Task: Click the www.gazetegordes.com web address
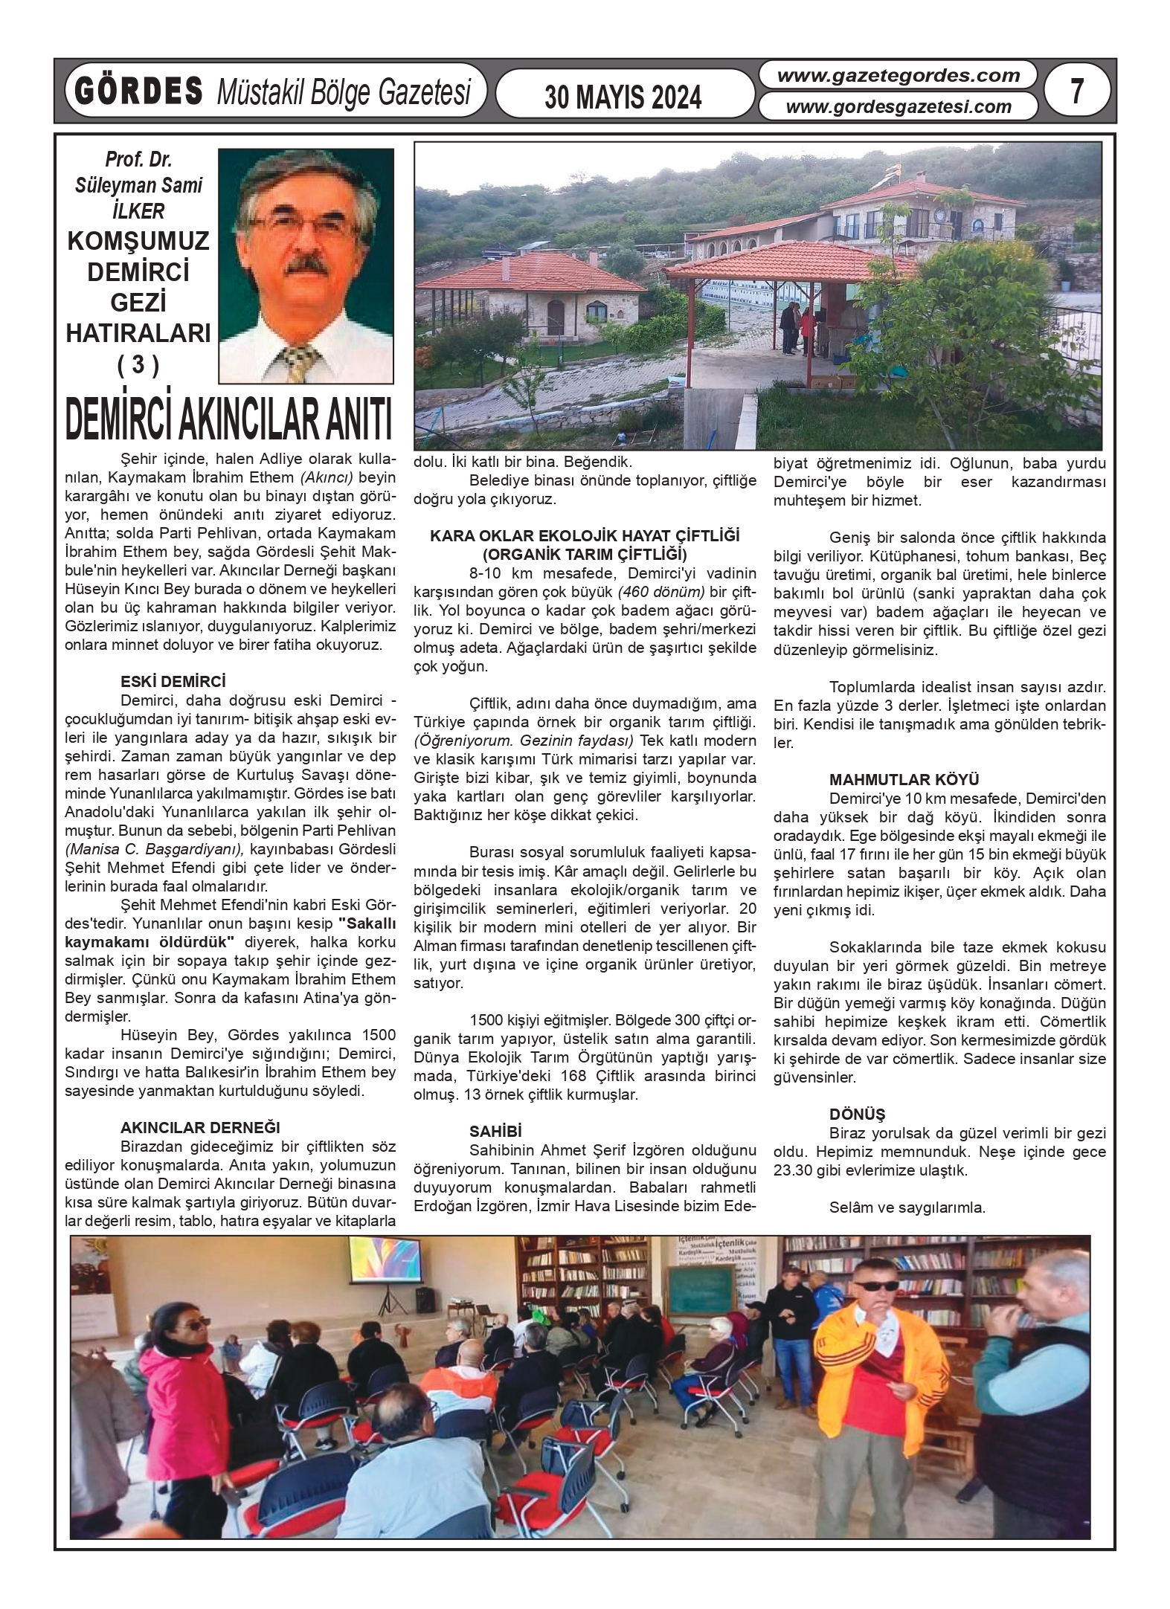click(899, 76)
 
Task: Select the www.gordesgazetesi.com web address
click(899, 107)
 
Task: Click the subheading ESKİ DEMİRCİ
click(173, 681)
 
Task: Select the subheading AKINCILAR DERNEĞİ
click(200, 1128)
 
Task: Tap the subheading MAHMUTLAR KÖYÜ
click(904, 780)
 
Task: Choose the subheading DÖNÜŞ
click(857, 1115)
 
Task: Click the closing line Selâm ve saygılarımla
click(907, 1207)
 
